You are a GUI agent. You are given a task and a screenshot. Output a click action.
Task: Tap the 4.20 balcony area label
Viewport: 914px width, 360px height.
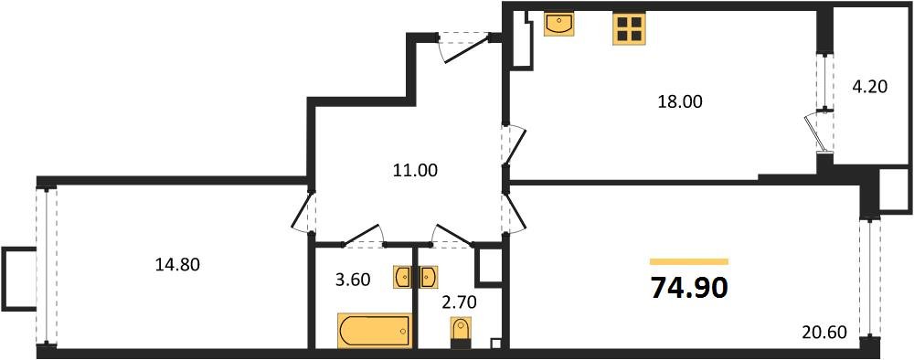(x=868, y=90)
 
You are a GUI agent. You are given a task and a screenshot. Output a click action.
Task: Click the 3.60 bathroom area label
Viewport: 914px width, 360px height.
(x=352, y=280)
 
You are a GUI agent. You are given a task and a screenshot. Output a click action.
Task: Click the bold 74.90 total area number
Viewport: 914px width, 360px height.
(x=689, y=288)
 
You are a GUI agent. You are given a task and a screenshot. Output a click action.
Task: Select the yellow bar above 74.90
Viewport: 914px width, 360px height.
(x=689, y=261)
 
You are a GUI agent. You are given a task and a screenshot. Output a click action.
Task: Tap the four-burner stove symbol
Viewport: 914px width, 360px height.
(x=628, y=28)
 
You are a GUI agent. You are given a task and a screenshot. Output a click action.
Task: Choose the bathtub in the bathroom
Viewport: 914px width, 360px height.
(x=374, y=330)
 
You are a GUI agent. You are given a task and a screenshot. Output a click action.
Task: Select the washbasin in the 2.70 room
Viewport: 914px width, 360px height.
(x=428, y=277)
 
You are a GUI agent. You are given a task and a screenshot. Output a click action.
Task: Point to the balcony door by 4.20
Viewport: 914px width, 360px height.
(x=819, y=130)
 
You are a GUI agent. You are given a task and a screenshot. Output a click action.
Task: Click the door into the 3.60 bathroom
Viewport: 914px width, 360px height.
(x=365, y=236)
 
